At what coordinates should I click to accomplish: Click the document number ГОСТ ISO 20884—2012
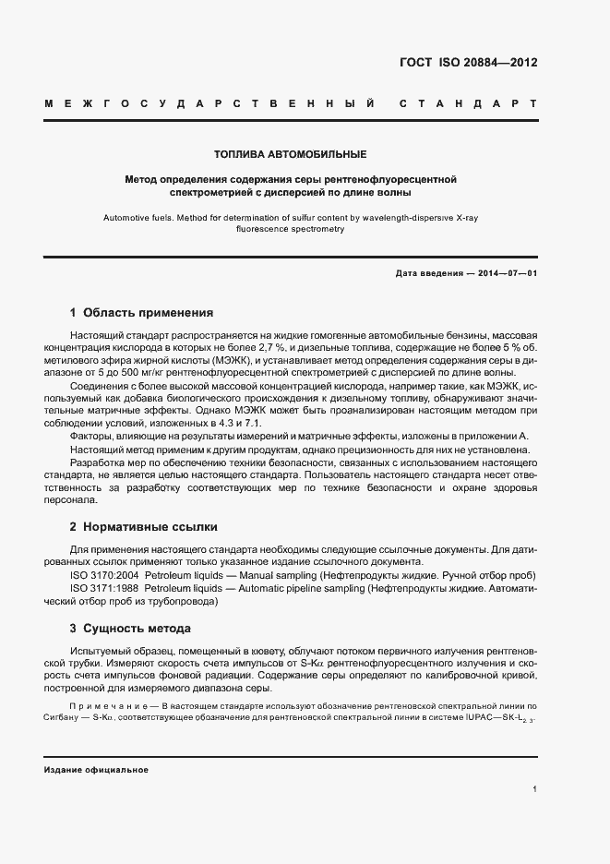[x=468, y=63]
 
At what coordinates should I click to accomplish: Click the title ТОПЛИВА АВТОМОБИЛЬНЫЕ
[x=291, y=153]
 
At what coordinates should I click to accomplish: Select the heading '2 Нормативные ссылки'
[x=143, y=527]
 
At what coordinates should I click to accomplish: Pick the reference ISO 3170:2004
[x=106, y=575]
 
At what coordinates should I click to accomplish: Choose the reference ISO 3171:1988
[x=106, y=587]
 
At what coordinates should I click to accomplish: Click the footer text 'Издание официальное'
[x=96, y=770]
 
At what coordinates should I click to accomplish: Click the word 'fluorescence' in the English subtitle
[x=264, y=229]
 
